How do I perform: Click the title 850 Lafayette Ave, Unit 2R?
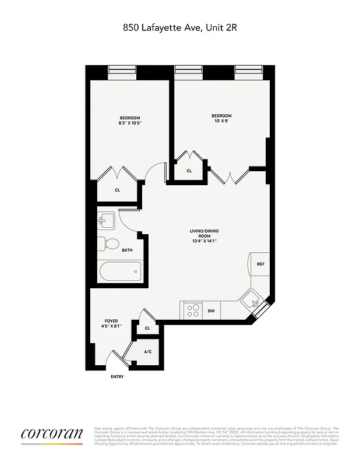point(179,27)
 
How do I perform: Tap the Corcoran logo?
point(52,434)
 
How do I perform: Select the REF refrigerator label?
point(260,264)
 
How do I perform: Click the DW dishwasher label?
point(211,310)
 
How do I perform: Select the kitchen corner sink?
point(253,301)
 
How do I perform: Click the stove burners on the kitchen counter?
point(192,310)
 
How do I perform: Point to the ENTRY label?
point(117,376)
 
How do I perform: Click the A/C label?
point(147,352)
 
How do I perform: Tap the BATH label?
point(127,250)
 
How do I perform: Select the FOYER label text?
point(111,321)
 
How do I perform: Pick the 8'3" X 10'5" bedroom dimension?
point(130,123)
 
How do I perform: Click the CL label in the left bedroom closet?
point(117,190)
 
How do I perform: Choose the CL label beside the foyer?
point(147,329)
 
